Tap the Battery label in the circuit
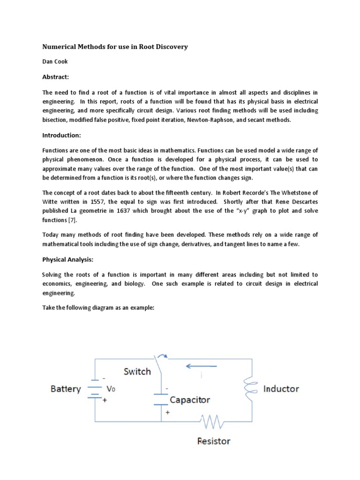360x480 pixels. (x=66, y=389)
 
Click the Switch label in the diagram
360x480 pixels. (x=137, y=372)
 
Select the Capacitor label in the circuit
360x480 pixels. (x=189, y=400)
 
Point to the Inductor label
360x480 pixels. (x=281, y=389)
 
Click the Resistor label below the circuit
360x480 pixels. (x=214, y=441)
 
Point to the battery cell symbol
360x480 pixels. (x=95, y=390)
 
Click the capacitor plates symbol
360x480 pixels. (x=161, y=398)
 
